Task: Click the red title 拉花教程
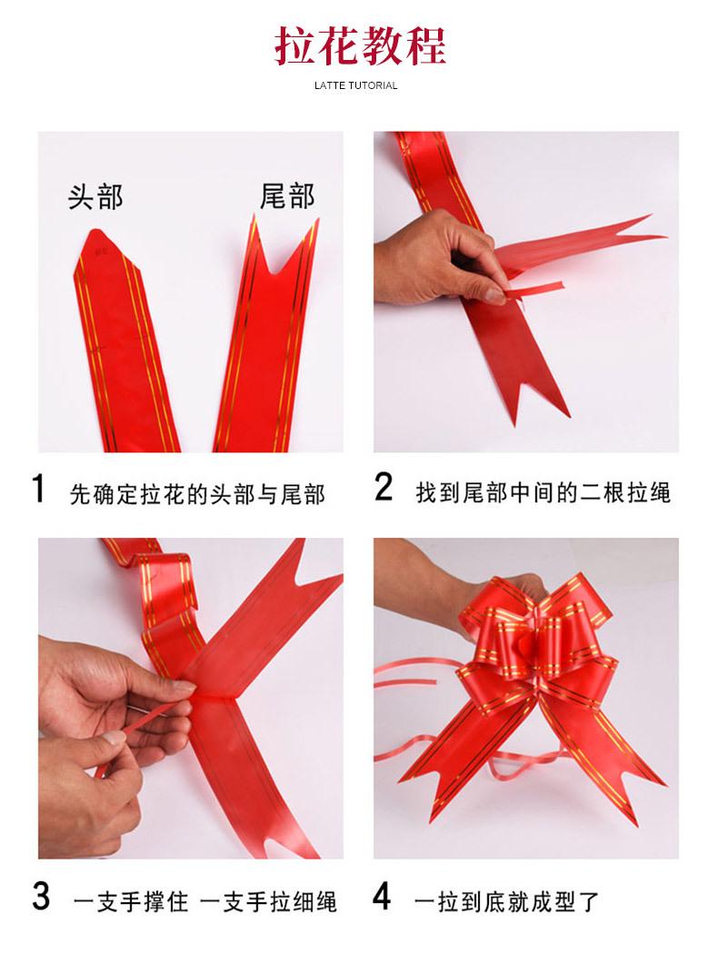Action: [x=360, y=45]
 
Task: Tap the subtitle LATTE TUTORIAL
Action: [x=356, y=85]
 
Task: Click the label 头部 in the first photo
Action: [x=95, y=197]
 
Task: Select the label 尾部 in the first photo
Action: [x=287, y=196]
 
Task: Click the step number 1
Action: [x=39, y=489]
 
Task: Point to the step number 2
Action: [x=384, y=487]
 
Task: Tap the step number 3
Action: [x=41, y=896]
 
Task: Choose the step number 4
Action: [x=382, y=896]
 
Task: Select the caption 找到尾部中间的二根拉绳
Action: [x=543, y=492]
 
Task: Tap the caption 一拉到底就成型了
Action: [x=506, y=902]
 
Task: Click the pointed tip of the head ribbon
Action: [x=95, y=231]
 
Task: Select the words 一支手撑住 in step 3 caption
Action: [x=130, y=902]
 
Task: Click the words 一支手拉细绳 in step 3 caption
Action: [x=268, y=902]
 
